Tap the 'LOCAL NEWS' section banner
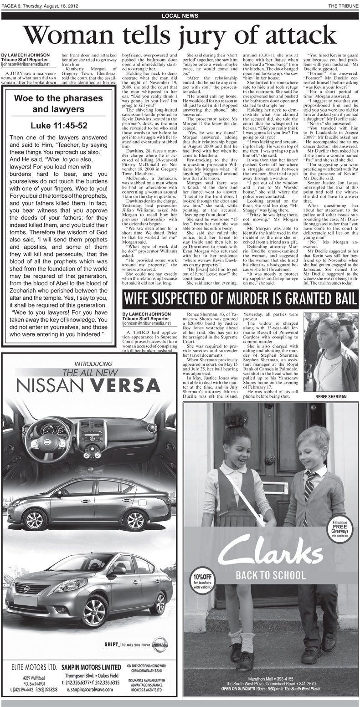pos(180,15)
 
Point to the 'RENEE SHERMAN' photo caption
pos(331,397)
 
